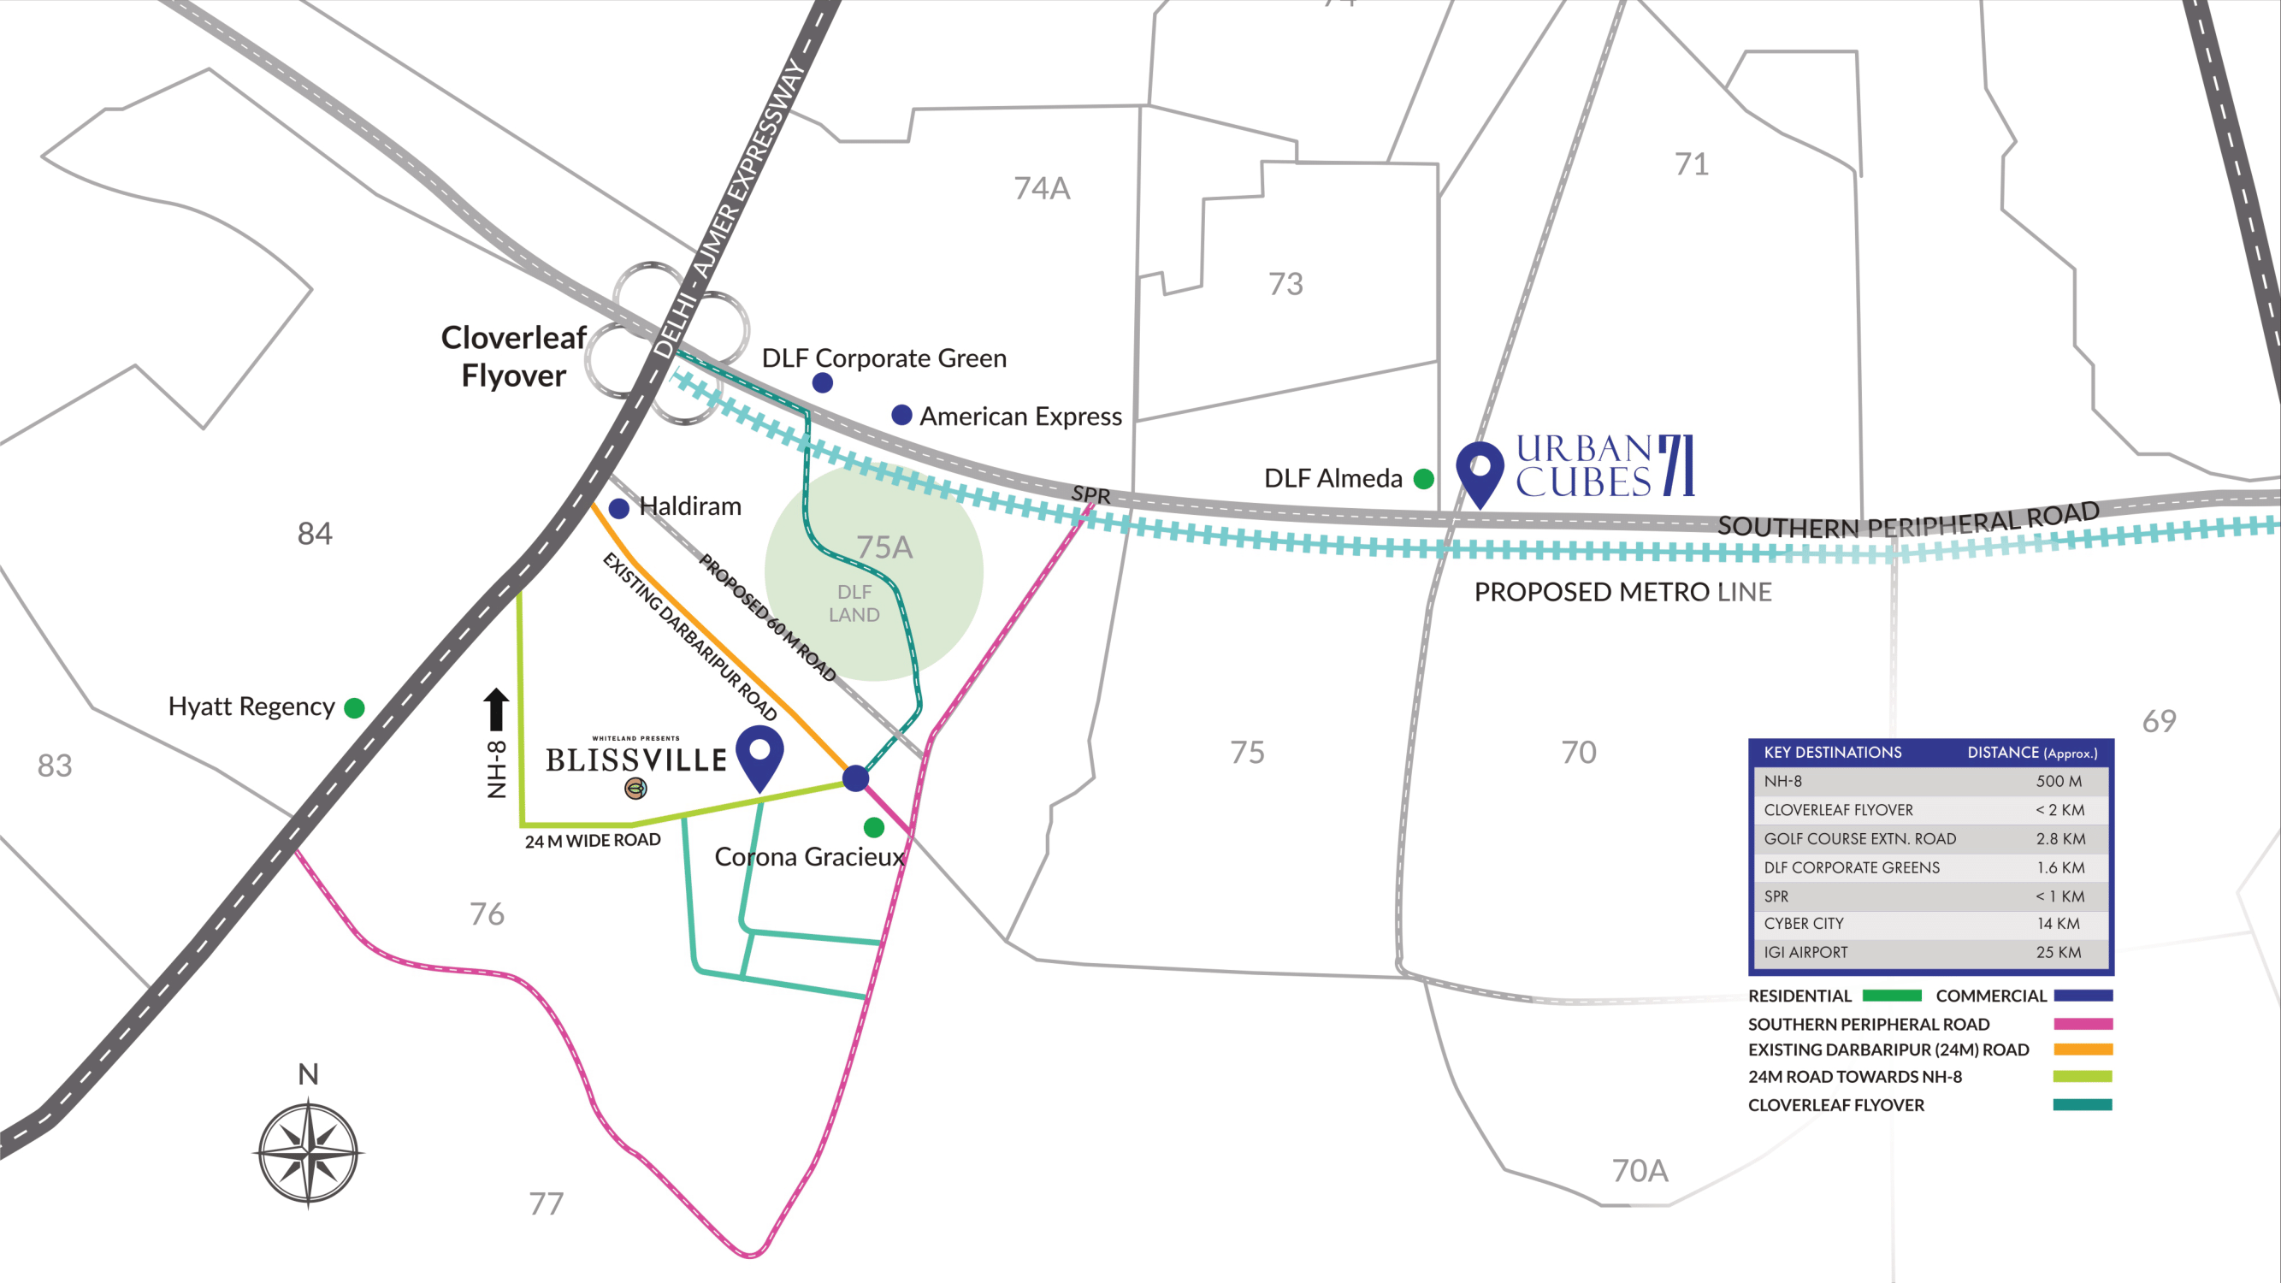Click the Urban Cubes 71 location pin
[x=1480, y=470]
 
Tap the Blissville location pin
[x=759, y=754]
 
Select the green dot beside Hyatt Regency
[x=354, y=707]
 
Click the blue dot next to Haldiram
[x=619, y=508]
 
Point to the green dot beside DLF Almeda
[x=1424, y=479]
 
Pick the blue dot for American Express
[x=901, y=416]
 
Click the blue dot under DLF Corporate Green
[x=823, y=382]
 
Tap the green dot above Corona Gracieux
[x=874, y=827]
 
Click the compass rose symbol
[x=308, y=1153]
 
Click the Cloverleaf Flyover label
[x=513, y=356]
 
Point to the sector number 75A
[x=883, y=547]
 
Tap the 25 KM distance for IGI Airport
[x=2058, y=953]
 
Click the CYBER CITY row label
[x=1803, y=924]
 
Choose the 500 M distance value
[x=2058, y=781]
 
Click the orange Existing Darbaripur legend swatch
[x=2083, y=1049]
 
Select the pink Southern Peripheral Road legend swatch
[x=2083, y=1024]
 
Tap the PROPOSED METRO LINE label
[x=1622, y=592]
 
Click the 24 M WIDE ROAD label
[x=593, y=840]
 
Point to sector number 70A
[x=1640, y=1171]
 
